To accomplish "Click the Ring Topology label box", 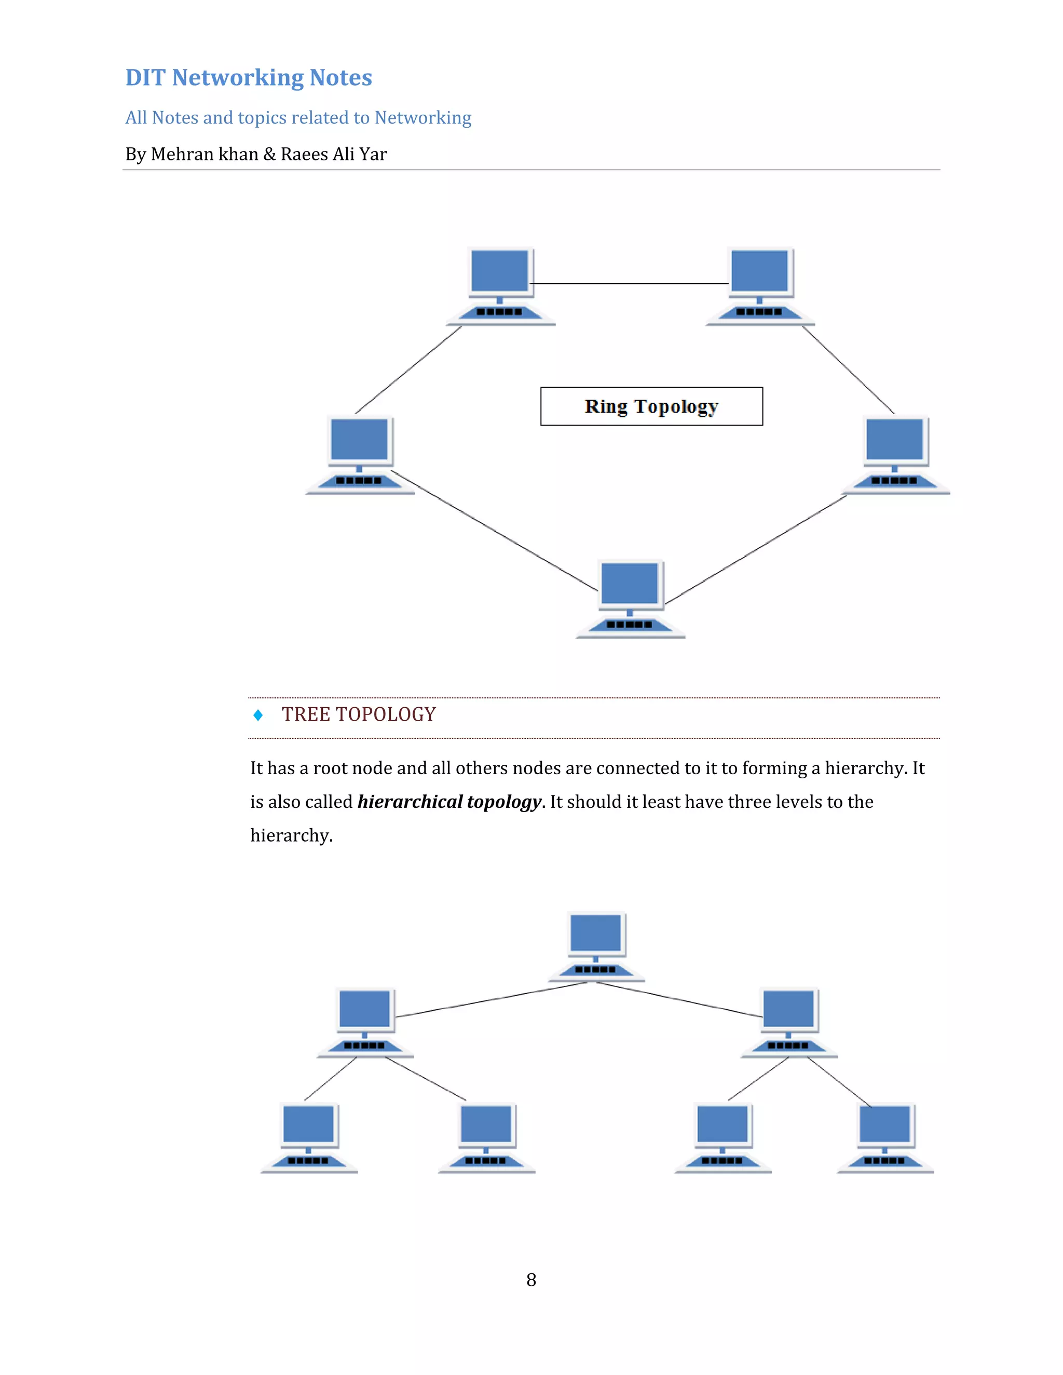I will click(x=651, y=406).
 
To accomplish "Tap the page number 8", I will click(x=531, y=1280).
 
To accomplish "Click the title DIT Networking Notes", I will click(x=249, y=77).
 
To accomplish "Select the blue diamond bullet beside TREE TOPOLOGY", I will click(x=257, y=714).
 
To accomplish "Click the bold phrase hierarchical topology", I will click(x=449, y=802).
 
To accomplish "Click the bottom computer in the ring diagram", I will click(x=630, y=598).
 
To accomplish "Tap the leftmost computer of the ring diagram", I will click(x=360, y=455).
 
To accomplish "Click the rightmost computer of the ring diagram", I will click(x=895, y=455).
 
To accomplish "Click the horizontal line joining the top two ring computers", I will click(x=630, y=283).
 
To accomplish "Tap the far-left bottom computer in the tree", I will click(x=309, y=1137).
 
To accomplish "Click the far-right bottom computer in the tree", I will click(x=885, y=1137).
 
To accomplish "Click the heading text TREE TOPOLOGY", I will click(x=358, y=714).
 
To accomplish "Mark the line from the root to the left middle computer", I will click(x=491, y=1000).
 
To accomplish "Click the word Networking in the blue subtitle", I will click(x=423, y=118).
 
